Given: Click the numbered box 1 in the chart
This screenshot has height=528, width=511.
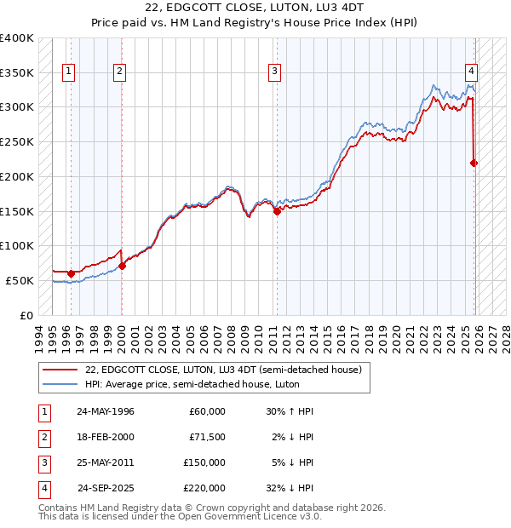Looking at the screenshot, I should (68, 72).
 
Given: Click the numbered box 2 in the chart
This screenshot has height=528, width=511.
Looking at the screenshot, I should (120, 72).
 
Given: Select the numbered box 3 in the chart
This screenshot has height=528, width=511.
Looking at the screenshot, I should (275, 72).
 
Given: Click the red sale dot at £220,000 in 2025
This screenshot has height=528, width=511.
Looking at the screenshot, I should (474, 163).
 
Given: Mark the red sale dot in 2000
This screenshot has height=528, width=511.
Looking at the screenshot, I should (122, 266).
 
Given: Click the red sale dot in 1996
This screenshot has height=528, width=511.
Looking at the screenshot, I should (71, 273).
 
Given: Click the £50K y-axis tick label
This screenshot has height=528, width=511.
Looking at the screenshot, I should (20, 280).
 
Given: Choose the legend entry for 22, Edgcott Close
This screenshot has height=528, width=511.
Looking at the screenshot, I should (224, 370).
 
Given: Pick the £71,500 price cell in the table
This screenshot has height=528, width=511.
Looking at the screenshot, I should (207, 437).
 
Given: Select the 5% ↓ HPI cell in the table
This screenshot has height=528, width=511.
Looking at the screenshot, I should (290, 462).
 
